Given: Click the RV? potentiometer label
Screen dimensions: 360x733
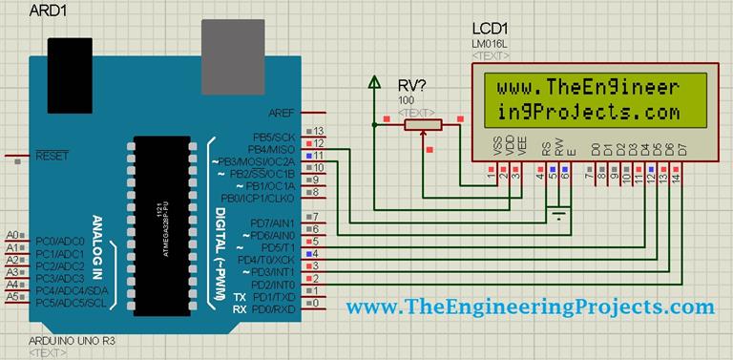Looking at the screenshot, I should tap(411, 85).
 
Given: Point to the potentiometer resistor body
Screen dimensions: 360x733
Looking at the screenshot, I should tap(421, 123).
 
